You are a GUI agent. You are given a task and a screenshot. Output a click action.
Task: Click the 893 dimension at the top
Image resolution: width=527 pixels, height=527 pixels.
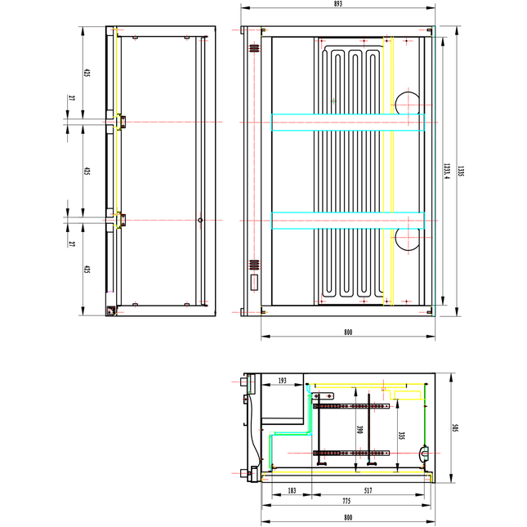click(x=337, y=4)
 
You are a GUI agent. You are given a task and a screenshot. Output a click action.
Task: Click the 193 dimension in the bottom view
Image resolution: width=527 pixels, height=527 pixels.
click(x=282, y=381)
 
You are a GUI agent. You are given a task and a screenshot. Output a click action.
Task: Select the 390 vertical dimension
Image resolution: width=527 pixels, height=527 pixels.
click(x=356, y=431)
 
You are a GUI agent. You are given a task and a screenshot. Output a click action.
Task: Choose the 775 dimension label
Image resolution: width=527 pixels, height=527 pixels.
click(x=345, y=501)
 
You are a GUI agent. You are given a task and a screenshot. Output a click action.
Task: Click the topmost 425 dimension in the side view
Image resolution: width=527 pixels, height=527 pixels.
click(x=87, y=74)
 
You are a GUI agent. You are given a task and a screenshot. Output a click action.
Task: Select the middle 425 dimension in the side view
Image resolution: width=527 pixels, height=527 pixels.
click(x=87, y=171)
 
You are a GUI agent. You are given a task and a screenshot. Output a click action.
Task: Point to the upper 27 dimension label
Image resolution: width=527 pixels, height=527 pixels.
click(x=72, y=99)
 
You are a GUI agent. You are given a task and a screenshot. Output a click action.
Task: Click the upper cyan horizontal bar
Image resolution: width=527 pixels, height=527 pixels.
click(x=347, y=122)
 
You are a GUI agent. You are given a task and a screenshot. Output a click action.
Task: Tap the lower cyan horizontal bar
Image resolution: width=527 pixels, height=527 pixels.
click(x=347, y=220)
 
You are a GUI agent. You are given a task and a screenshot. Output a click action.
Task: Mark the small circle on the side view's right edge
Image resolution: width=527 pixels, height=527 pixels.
click(x=199, y=221)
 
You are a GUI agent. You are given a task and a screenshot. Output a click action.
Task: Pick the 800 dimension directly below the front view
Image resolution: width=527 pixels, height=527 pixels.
click(x=348, y=332)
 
